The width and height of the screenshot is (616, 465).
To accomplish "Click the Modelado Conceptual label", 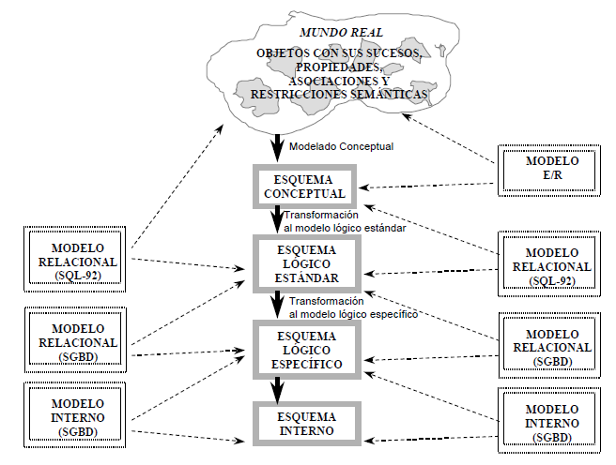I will (340, 146).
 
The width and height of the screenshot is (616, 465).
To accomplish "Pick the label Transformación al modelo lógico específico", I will (351, 307).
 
